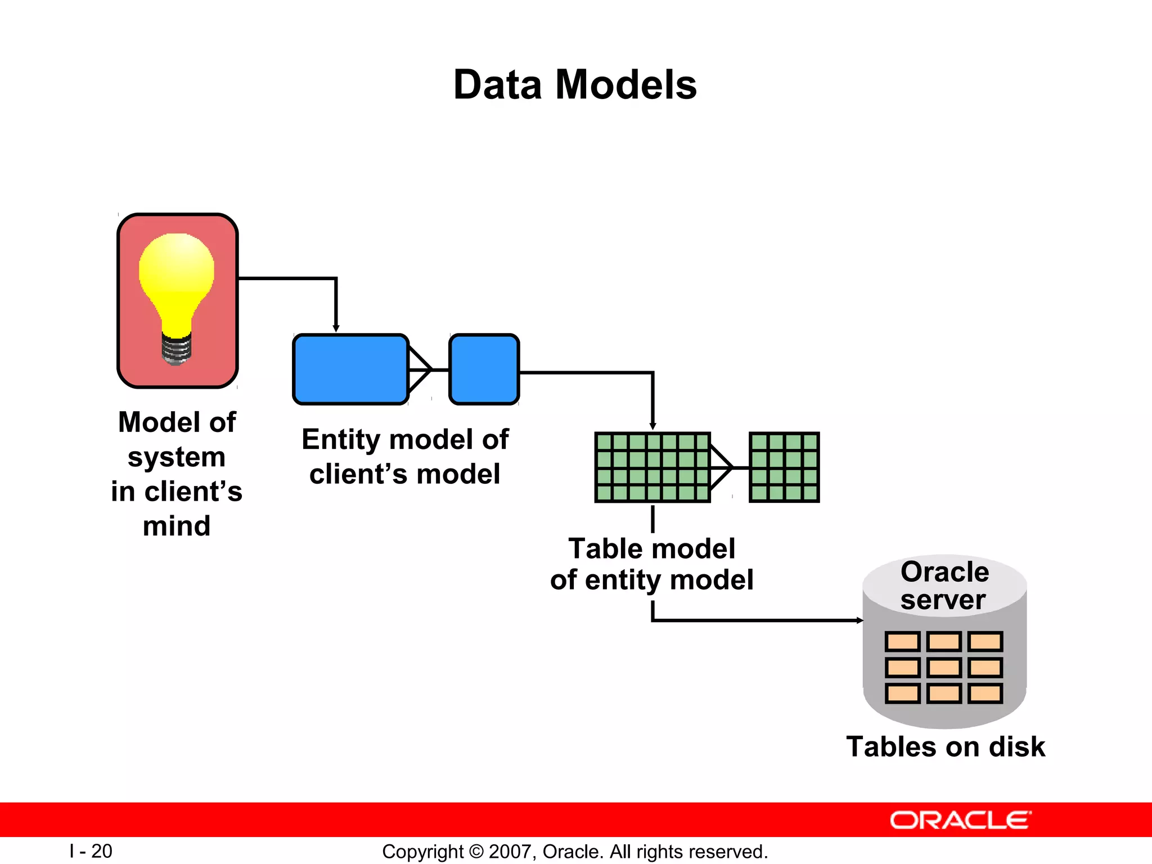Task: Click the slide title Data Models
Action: point(575,85)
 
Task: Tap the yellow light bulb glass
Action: point(177,276)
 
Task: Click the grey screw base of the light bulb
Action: point(177,349)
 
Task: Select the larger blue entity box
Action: point(350,370)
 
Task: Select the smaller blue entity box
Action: point(484,370)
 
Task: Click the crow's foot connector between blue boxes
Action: point(422,370)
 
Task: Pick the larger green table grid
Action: point(652,467)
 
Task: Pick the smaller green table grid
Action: point(784,467)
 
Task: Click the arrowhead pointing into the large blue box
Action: point(336,328)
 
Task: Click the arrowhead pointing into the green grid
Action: point(652,427)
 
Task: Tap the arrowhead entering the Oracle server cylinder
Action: point(859,620)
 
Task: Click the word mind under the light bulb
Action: point(177,526)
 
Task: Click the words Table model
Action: point(651,548)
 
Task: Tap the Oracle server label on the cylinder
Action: point(944,586)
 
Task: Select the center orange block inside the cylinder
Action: point(944,668)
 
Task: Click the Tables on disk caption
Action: point(945,747)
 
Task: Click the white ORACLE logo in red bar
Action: point(960,820)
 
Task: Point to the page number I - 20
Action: point(91,851)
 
